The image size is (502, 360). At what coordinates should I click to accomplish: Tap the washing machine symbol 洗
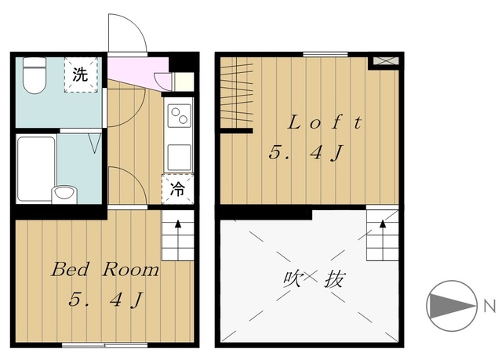point(80,75)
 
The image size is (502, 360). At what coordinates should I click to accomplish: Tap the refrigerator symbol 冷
point(177,188)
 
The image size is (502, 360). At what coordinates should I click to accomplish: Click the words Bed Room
point(105,271)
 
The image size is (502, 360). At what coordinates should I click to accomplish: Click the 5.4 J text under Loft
point(306,154)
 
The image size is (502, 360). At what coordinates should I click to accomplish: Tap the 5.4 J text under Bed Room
point(105,300)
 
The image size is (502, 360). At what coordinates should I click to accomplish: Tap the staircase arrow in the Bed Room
point(177,235)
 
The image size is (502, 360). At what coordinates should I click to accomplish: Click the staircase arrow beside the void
point(383,235)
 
